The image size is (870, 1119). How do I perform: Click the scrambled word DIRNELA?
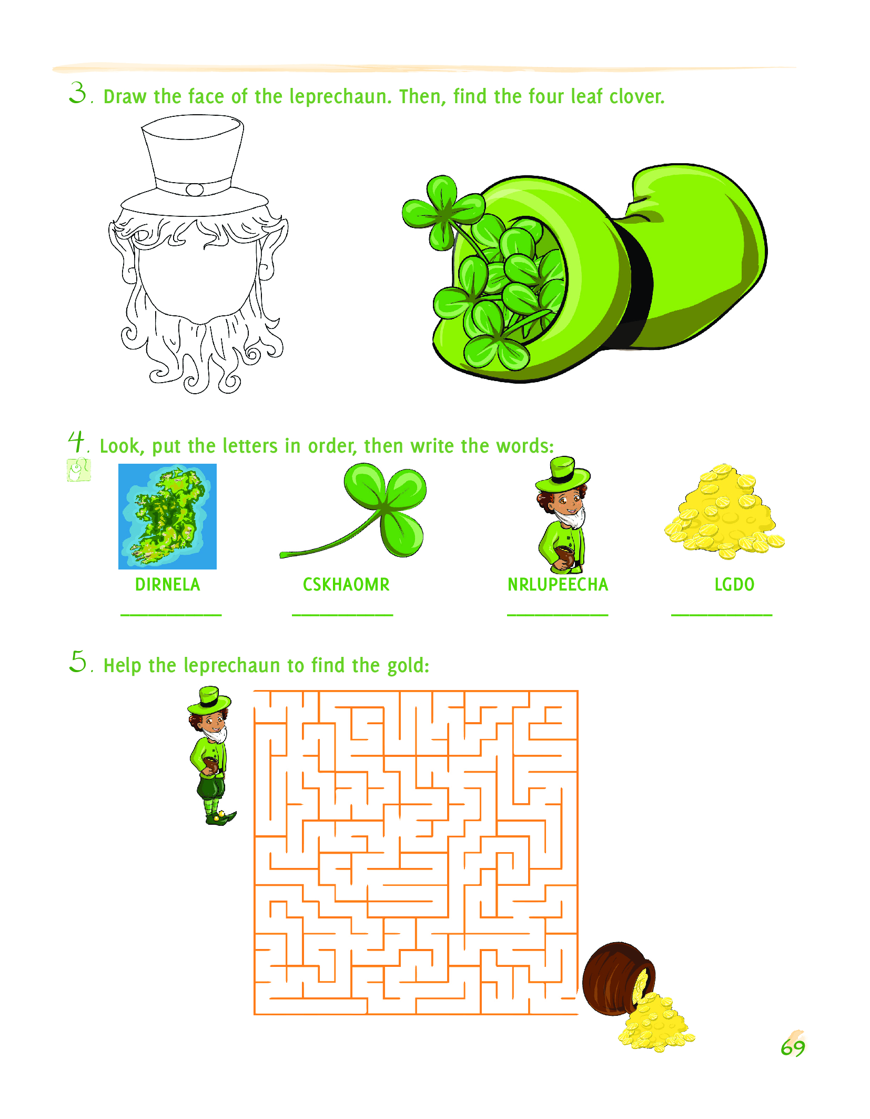coord(168,584)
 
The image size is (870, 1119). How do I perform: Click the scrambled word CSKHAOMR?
coord(346,584)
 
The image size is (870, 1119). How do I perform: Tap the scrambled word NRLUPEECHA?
coord(558,584)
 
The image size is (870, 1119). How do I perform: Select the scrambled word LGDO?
coord(734,584)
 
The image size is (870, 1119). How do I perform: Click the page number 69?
coord(793,1047)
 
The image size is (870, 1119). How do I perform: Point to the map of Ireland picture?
coord(167,516)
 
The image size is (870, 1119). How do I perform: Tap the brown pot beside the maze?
coord(619,979)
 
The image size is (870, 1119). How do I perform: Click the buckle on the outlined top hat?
coord(195,189)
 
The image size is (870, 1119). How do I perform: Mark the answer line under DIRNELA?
coord(171,614)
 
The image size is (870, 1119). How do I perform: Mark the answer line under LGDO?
coord(722,614)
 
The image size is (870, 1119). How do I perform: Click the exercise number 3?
coord(78,93)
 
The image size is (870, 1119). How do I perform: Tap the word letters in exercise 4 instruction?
coord(250,446)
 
